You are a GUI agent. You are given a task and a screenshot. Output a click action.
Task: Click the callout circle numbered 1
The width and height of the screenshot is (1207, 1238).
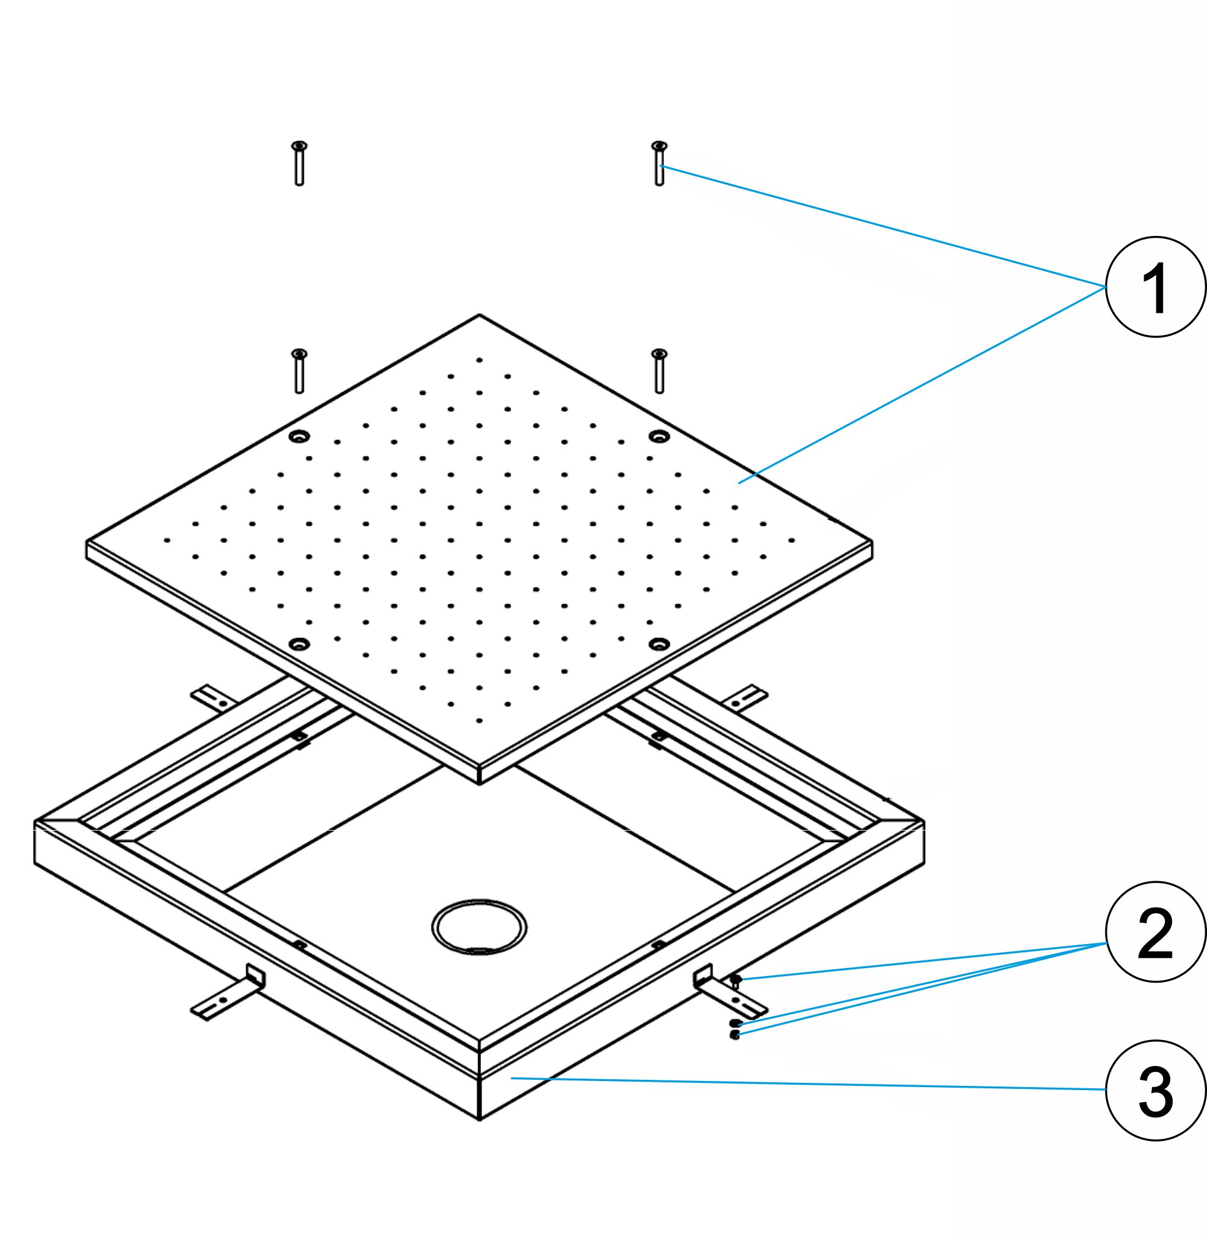click(1155, 287)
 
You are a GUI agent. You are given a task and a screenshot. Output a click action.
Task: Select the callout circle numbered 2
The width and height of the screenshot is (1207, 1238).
click(1155, 932)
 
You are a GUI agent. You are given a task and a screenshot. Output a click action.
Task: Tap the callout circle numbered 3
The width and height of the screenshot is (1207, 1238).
click(1155, 1090)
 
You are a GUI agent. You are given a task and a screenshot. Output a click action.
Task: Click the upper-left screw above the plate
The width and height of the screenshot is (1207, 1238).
click(299, 164)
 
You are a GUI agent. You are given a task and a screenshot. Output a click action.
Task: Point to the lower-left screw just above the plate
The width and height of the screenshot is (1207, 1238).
click(299, 371)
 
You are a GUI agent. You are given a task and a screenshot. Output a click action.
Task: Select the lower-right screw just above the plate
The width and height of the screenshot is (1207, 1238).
click(659, 371)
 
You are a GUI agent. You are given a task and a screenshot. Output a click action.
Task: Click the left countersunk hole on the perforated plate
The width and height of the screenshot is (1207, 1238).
click(299, 645)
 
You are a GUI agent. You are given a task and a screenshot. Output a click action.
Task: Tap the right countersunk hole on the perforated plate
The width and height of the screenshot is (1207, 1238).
click(659, 645)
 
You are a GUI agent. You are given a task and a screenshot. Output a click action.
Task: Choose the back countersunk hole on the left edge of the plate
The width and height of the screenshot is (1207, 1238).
click(299, 436)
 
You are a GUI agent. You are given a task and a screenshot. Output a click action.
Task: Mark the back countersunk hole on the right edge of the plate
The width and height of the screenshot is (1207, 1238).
click(659, 436)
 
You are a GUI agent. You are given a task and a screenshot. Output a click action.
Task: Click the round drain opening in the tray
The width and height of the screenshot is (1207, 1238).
click(479, 926)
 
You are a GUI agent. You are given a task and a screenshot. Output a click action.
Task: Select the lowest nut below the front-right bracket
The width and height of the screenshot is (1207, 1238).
click(734, 1035)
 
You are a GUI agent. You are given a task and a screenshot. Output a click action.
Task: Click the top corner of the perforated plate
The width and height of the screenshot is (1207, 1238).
click(479, 316)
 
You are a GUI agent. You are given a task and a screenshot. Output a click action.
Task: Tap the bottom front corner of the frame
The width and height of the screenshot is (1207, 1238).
click(479, 1119)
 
